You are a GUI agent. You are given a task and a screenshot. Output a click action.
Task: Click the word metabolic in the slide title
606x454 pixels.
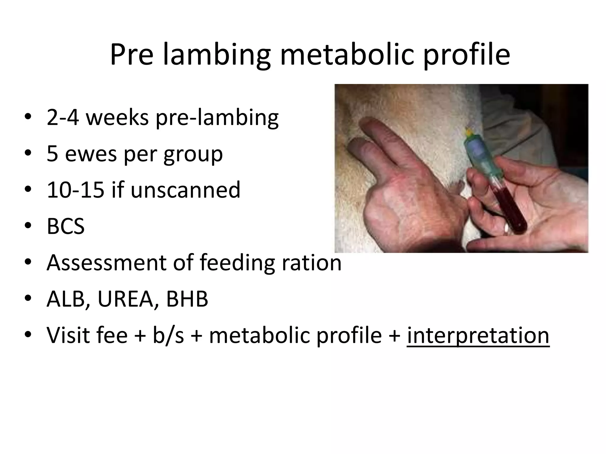(346, 55)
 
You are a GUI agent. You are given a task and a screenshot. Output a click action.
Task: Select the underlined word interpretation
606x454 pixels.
(478, 335)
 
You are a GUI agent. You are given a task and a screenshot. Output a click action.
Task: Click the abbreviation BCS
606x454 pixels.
(66, 226)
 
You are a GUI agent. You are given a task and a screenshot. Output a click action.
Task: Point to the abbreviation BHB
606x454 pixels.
(187, 299)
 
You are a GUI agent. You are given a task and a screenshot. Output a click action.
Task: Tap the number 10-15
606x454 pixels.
(76, 190)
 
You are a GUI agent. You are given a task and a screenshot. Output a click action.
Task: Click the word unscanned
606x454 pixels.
(185, 190)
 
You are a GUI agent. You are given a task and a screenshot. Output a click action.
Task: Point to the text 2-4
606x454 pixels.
(63, 117)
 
